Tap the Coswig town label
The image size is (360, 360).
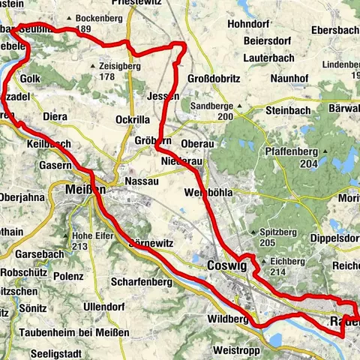224,265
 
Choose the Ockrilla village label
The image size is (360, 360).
134,120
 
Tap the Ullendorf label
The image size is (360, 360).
107,308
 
